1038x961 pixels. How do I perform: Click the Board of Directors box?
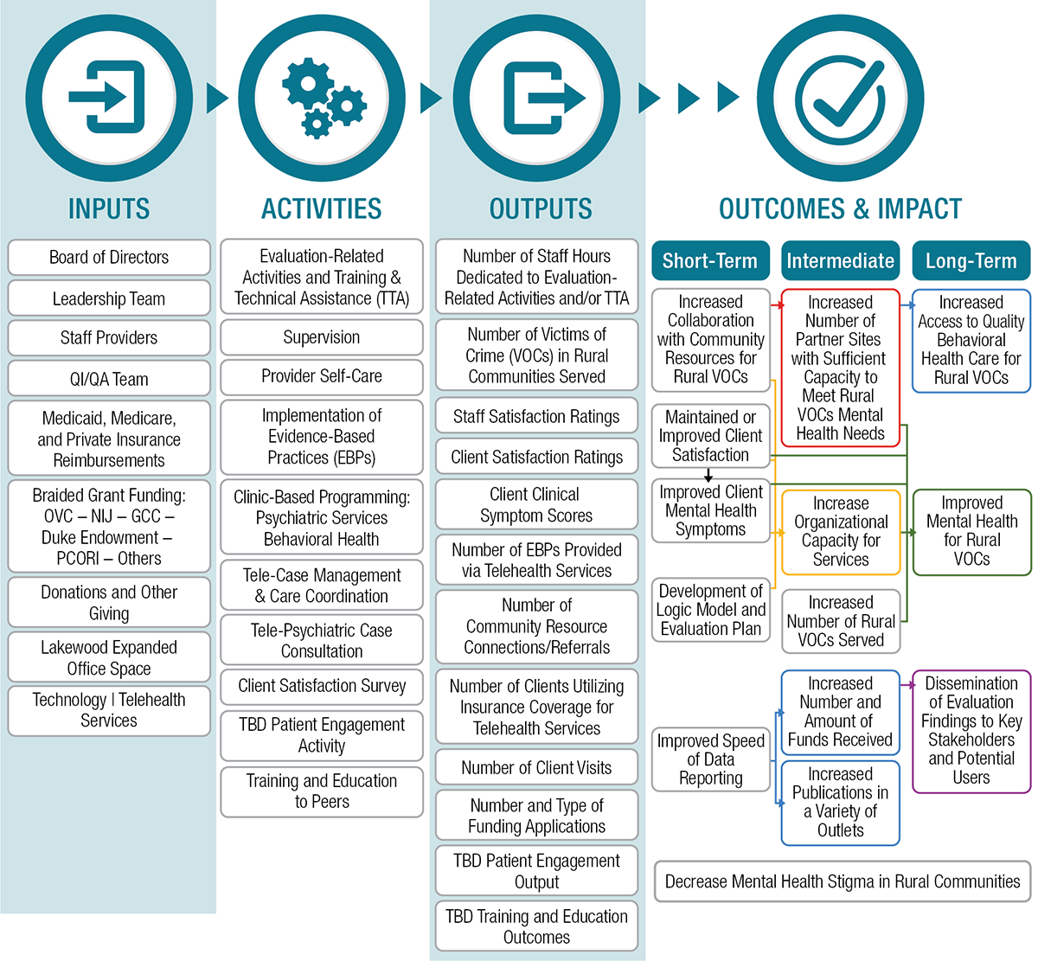pyautogui.click(x=109, y=258)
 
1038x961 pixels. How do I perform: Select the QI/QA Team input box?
pyautogui.click(x=109, y=379)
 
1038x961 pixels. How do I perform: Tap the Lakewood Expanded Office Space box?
pyautogui.click(x=109, y=657)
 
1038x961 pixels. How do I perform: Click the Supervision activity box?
pyautogui.click(x=322, y=337)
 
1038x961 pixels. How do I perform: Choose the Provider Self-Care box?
pyautogui.click(x=322, y=376)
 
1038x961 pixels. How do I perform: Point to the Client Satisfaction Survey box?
pyautogui.click(x=322, y=686)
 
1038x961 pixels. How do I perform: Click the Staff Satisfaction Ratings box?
pyautogui.click(x=536, y=417)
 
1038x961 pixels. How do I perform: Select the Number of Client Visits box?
pyautogui.click(x=536, y=767)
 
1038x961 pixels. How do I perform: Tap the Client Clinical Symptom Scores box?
pyautogui.click(x=536, y=505)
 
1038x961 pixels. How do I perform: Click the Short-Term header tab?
pyautogui.click(x=710, y=260)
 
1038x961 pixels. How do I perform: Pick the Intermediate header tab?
pyautogui.click(x=840, y=260)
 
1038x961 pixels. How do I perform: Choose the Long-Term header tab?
pyautogui.click(x=971, y=260)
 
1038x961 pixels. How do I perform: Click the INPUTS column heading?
pyautogui.click(x=109, y=208)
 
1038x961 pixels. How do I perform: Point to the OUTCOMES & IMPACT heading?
pyautogui.click(x=840, y=208)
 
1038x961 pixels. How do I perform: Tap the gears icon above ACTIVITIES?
pyautogui.click(x=322, y=98)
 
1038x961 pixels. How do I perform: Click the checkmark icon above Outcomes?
pyautogui.click(x=840, y=98)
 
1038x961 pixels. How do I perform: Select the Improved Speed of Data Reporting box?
pyautogui.click(x=711, y=759)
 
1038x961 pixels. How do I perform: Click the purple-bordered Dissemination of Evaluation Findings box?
pyautogui.click(x=971, y=731)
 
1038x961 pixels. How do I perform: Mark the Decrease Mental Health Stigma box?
pyautogui.click(x=843, y=881)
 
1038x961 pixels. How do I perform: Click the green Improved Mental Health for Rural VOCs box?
pyautogui.click(x=971, y=531)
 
